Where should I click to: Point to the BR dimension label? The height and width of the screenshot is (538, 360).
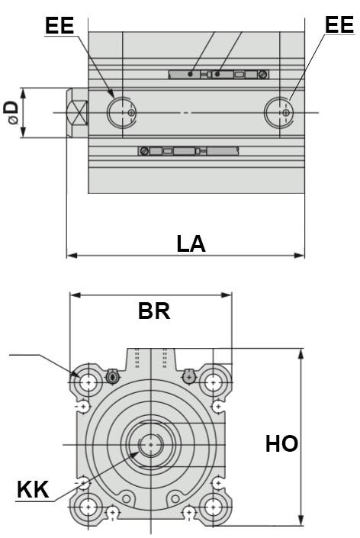coord(153,311)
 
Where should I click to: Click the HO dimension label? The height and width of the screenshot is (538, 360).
coord(281,443)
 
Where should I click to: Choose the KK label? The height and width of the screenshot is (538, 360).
coord(33,490)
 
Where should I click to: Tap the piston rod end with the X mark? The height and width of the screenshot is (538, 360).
coord(77,113)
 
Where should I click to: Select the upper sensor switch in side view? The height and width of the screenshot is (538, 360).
coord(218,74)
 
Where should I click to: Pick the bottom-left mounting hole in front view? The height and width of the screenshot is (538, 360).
coord(89,506)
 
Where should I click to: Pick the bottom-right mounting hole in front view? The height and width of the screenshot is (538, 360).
coord(213,506)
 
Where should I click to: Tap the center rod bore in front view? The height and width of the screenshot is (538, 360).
coord(151,443)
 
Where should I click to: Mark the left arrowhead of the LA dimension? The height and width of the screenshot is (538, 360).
coord(71,254)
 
